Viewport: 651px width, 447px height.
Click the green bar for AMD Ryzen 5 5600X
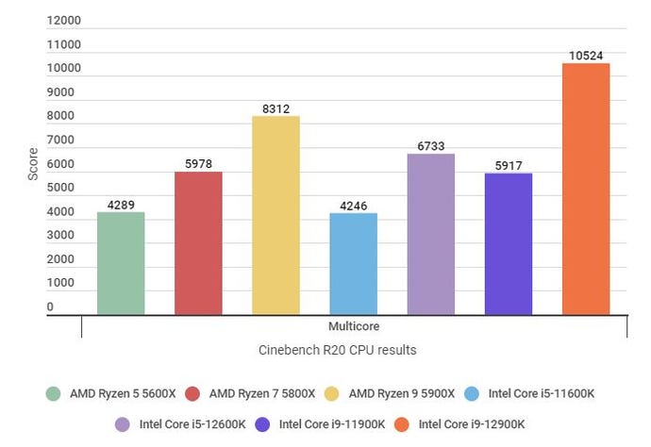[x=121, y=263]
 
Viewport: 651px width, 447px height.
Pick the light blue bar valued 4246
[x=353, y=263]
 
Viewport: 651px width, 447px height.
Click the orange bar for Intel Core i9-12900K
[x=586, y=189]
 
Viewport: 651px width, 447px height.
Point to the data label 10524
[x=586, y=56]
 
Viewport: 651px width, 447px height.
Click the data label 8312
[x=275, y=108]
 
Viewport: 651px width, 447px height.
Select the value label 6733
[x=431, y=146]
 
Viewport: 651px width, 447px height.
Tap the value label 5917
[x=509, y=166]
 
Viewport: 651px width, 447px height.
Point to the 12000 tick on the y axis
[x=64, y=21]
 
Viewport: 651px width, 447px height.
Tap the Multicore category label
[x=355, y=326]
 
